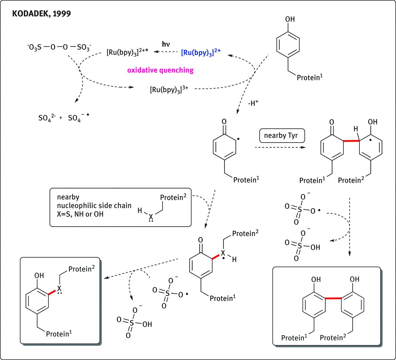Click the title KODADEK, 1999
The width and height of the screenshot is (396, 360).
(41, 14)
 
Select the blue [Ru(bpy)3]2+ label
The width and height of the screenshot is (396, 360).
(200, 52)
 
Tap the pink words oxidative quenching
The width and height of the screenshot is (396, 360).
(160, 70)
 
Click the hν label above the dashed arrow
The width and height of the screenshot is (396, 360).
(166, 44)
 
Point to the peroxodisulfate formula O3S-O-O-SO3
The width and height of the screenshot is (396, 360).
(59, 47)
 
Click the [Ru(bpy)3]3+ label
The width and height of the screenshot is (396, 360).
(169, 90)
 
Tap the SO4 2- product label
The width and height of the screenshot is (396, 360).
(47, 118)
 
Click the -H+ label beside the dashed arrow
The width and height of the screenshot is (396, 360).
(253, 103)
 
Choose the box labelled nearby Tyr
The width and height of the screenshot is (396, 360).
(282, 135)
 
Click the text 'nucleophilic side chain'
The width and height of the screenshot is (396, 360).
(94, 206)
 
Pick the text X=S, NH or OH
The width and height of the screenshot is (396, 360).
(80, 214)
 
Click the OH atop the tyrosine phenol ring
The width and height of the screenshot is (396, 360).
(290, 19)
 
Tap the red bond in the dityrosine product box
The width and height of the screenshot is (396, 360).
(333, 298)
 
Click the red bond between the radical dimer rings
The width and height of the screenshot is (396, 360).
(351, 141)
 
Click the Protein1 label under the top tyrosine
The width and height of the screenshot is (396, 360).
(309, 77)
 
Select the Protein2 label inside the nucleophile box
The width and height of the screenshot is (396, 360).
(173, 197)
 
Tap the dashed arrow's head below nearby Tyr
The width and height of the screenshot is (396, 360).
(303, 148)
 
